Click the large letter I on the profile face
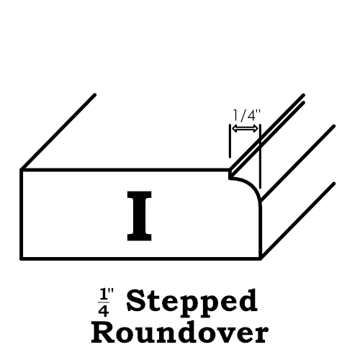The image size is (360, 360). click(x=139, y=216)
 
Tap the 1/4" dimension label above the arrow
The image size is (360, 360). click(x=247, y=115)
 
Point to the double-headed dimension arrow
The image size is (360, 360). click(x=245, y=129)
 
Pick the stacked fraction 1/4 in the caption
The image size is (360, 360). click(x=103, y=302)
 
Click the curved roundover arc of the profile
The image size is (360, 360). click(x=248, y=189)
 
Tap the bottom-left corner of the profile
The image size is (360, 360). click(x=21, y=258)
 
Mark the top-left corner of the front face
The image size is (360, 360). click(x=21, y=170)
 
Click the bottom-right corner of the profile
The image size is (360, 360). click(x=261, y=258)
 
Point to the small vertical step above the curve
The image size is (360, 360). click(x=230, y=174)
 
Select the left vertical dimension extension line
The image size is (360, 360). click(x=230, y=141)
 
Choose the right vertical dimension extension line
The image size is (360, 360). click(x=260, y=156)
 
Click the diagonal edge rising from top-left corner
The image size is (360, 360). click(x=58, y=132)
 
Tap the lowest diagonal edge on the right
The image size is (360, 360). click(x=297, y=221)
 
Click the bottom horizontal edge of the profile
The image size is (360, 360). click(x=141, y=258)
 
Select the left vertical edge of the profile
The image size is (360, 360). click(x=21, y=215)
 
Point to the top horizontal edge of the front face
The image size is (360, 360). click(x=125, y=170)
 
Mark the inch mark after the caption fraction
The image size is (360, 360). click(x=111, y=292)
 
